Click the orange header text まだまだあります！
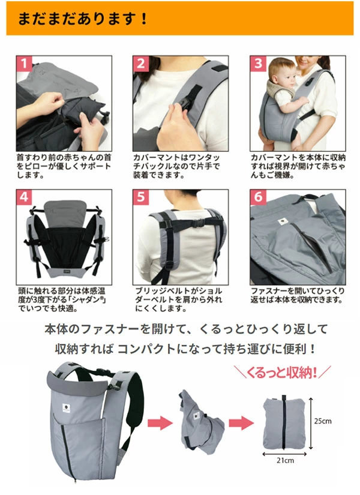83,18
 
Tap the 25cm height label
322,421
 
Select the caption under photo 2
179,166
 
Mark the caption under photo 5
179,299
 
